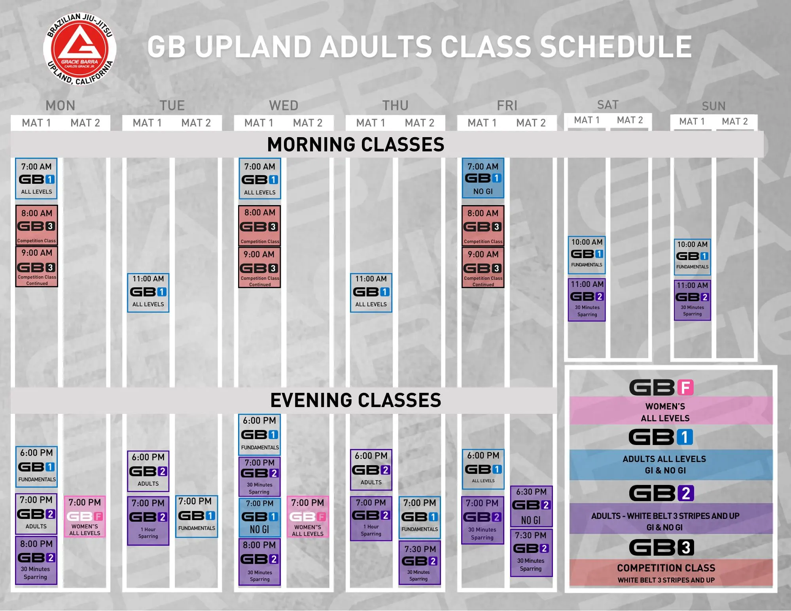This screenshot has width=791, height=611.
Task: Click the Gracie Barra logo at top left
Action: pos(79,49)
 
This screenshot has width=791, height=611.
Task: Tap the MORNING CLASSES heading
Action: pos(356,144)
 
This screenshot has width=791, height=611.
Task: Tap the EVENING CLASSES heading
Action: pos(356,400)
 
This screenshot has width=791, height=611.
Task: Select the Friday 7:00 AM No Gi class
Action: pos(483,178)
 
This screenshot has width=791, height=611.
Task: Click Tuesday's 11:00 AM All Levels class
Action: pos(148,292)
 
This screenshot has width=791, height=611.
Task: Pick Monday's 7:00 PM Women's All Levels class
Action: pos(85,517)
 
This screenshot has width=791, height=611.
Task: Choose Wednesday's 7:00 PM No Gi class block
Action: pos(259,517)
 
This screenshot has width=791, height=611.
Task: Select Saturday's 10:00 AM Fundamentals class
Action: pos(587,255)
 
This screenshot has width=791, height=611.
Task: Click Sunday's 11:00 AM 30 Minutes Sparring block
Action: pos(692,300)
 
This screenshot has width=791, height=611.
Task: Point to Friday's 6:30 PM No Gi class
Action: pos(531,506)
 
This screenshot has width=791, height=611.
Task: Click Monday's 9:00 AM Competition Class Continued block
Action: pos(37,266)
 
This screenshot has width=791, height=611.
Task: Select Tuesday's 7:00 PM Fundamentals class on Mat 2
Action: pos(197,516)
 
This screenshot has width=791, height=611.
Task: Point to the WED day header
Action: pos(284,106)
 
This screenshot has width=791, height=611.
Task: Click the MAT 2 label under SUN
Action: pos(735,121)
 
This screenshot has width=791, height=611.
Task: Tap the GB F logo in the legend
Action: pos(661,388)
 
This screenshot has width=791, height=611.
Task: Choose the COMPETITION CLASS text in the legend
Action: pos(666,568)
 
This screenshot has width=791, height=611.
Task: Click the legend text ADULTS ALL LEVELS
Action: pos(664,459)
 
